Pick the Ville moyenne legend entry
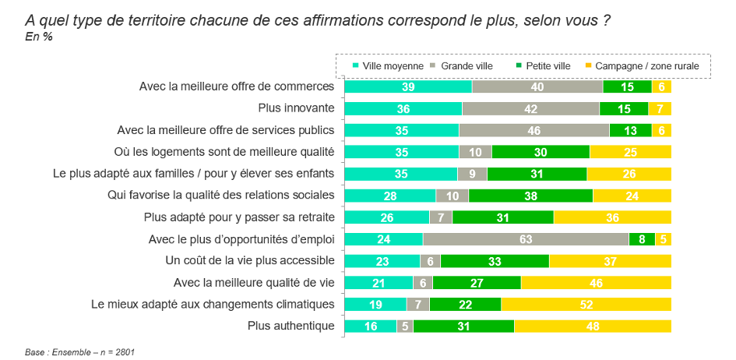[x=388, y=66]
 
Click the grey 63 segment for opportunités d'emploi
[x=526, y=239]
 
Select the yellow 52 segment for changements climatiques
[x=586, y=305]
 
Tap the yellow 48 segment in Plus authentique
[x=592, y=326]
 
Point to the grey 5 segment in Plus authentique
[x=405, y=326]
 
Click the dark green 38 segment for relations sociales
[x=530, y=196]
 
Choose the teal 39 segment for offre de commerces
[x=408, y=86]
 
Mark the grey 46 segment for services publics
[x=534, y=130]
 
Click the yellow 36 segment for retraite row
[x=612, y=217]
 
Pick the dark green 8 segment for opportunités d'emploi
[x=642, y=239]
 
